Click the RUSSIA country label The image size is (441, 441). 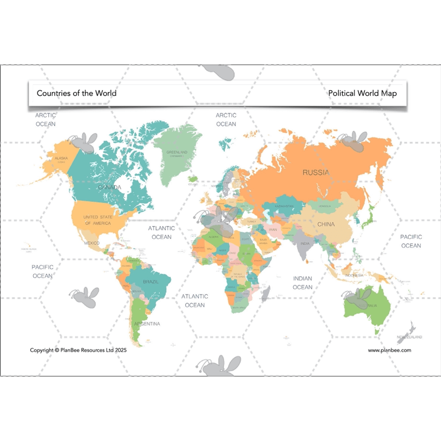(x=316, y=173)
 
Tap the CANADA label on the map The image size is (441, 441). (x=109, y=187)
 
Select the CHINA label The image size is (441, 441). (x=326, y=224)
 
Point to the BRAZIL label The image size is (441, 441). (x=150, y=282)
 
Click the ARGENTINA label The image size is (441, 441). (x=147, y=324)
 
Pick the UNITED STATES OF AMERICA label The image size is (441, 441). (x=97, y=220)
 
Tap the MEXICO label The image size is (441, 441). (x=92, y=243)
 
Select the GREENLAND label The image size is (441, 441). (x=176, y=152)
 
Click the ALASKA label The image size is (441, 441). (x=61, y=159)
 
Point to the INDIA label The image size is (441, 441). (x=305, y=243)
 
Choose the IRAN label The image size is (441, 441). (x=273, y=229)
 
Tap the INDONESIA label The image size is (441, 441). (x=353, y=275)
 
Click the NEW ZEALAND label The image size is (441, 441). (x=410, y=337)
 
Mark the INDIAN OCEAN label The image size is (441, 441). (x=303, y=283)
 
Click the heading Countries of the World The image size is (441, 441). (x=77, y=93)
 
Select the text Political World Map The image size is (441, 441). (x=362, y=93)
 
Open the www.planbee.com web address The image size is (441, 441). (x=389, y=350)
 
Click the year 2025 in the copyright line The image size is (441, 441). (x=120, y=350)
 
